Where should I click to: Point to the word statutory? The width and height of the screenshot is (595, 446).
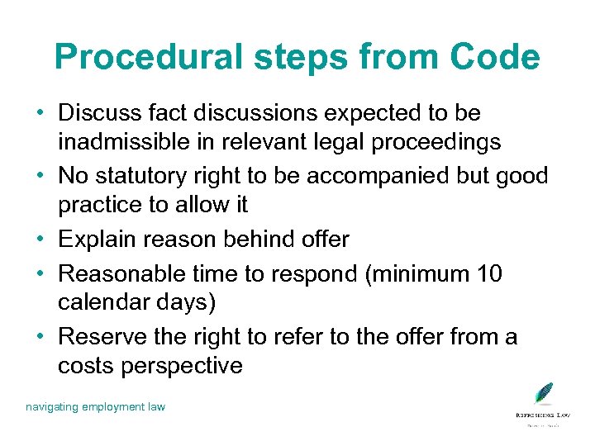[150, 175]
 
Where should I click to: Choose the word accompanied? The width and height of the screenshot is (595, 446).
[382, 175]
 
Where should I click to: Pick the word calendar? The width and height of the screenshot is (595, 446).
[106, 303]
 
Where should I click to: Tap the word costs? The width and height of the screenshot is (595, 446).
[85, 366]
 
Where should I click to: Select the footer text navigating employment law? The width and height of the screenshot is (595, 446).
[95, 406]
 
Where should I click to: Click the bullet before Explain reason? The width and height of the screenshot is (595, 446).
[40, 240]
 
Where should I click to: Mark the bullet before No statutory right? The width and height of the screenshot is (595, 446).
[40, 176]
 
